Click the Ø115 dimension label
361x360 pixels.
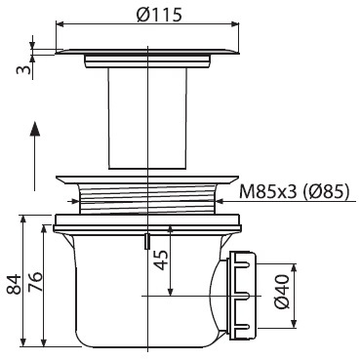pos(159,15)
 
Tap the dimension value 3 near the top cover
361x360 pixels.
pos(24,68)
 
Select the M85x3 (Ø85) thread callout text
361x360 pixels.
pos(295,191)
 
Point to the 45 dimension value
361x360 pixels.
pos(162,260)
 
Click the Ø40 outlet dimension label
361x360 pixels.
pos(282,292)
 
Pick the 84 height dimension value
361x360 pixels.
pos(14,284)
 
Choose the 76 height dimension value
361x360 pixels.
pos(34,282)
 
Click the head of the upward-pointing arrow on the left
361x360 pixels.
pos(35,129)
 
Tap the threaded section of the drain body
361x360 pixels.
pos(148,198)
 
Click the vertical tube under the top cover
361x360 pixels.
pos(148,119)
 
